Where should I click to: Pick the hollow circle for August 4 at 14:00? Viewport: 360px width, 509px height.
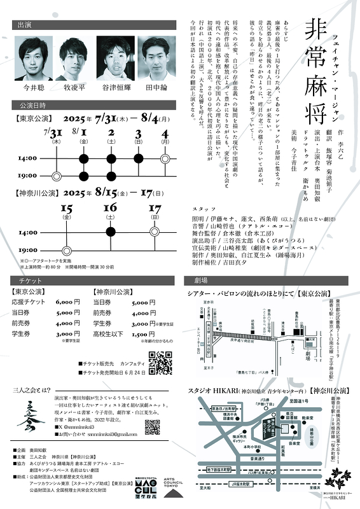pyautogui.click(x=165, y=158)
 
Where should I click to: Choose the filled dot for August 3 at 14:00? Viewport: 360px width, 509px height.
pyautogui.click(x=139, y=158)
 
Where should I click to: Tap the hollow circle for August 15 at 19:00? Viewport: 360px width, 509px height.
pyautogui.click(x=67, y=250)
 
